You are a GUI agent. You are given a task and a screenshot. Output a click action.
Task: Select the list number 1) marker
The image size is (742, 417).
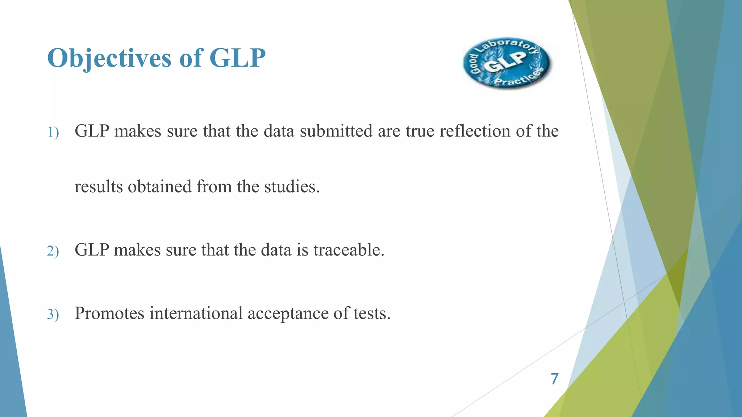(x=53, y=132)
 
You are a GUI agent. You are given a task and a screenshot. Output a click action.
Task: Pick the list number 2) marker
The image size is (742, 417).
(x=53, y=251)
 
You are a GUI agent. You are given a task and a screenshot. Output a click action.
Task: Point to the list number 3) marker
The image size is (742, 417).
(x=53, y=314)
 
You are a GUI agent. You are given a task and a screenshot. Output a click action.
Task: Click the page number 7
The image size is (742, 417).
(x=554, y=379)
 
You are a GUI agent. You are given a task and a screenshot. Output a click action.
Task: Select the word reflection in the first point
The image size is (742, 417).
(x=475, y=131)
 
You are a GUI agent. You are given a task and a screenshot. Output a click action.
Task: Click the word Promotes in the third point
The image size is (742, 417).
(x=109, y=313)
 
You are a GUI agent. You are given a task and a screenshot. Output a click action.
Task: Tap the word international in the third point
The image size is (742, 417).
(x=196, y=313)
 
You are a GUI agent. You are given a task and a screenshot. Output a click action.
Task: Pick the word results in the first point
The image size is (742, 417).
(x=98, y=187)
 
